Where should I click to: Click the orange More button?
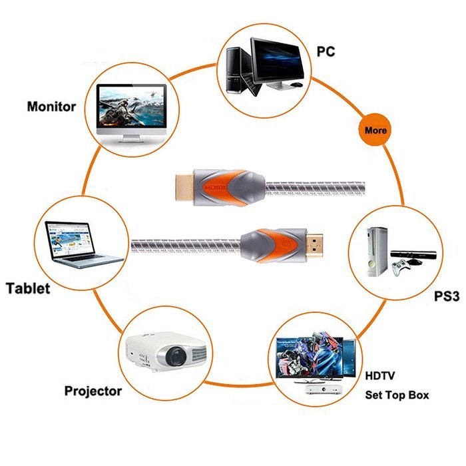tap(375, 130)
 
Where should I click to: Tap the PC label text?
tap(326, 51)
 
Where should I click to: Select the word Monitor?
tap(51, 107)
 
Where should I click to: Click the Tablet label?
tap(28, 288)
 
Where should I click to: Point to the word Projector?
tap(93, 391)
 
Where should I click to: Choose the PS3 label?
tap(447, 296)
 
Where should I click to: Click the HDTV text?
tap(380, 375)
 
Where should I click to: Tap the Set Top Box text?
tap(397, 395)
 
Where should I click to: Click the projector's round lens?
tap(176, 355)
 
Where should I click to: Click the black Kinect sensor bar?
tap(413, 254)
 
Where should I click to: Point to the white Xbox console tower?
tap(377, 252)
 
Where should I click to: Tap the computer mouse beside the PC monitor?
tap(296, 85)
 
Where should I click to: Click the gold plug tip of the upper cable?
tap(184, 187)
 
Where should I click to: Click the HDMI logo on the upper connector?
tap(215, 188)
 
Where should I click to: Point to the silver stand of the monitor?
tap(131, 138)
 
